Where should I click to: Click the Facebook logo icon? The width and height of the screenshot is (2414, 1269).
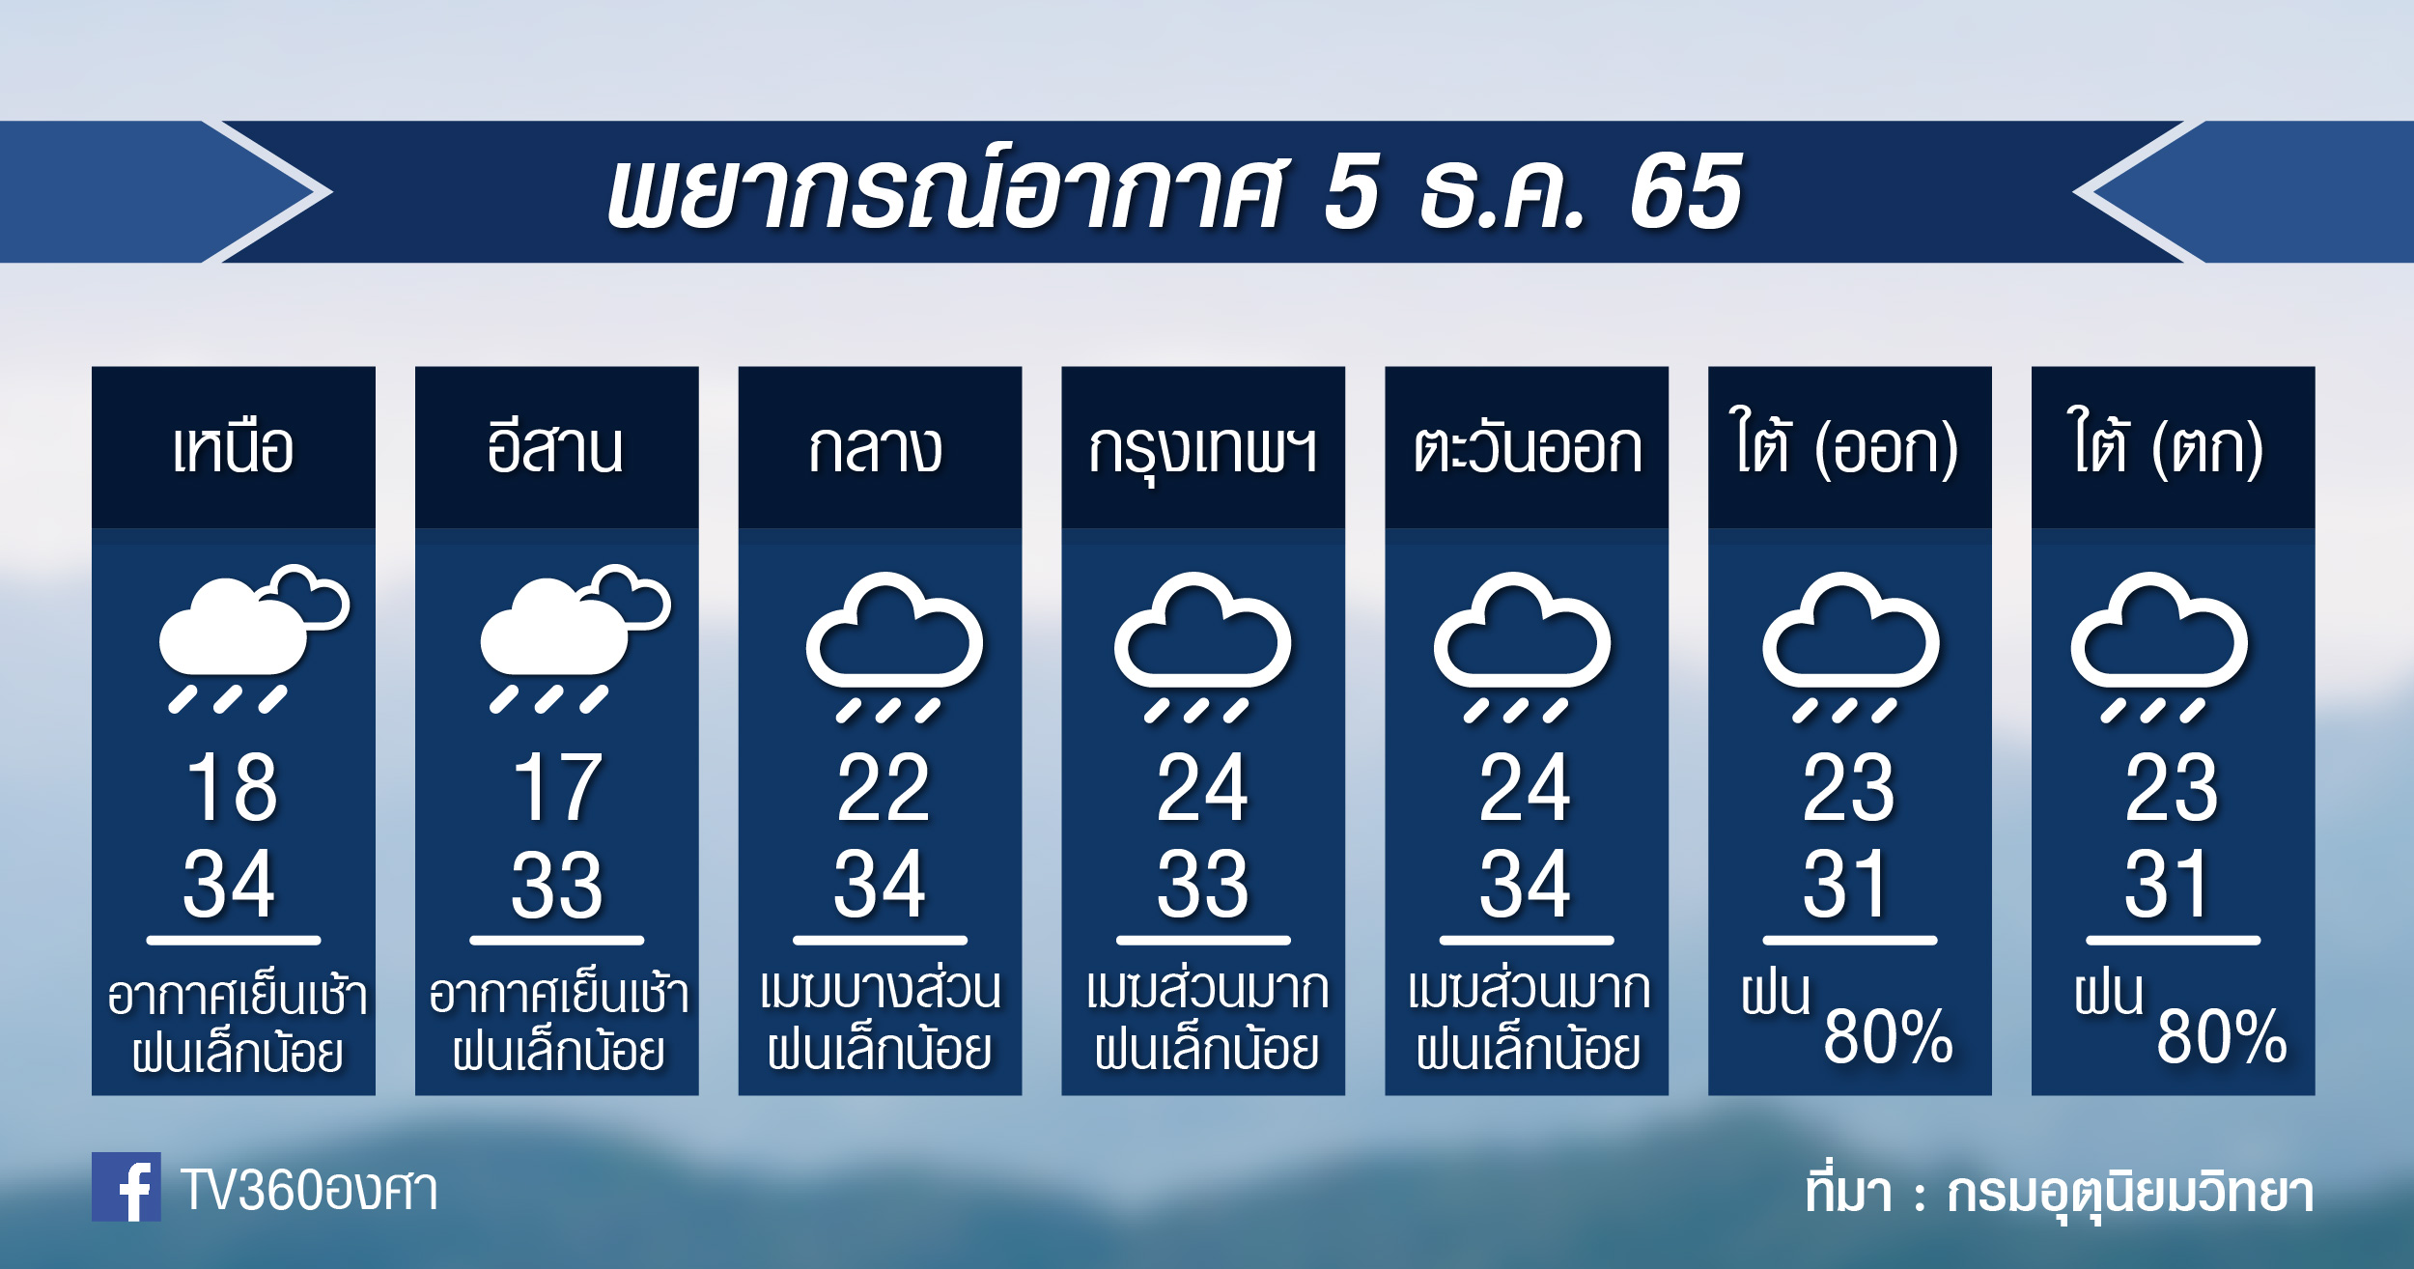[x=126, y=1187]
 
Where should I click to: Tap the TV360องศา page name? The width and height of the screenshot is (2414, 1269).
[x=309, y=1190]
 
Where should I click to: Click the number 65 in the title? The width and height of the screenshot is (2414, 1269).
[x=1686, y=192]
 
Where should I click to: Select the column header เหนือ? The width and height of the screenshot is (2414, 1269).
[x=233, y=449]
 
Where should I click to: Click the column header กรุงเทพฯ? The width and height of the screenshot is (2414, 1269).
[x=1202, y=452]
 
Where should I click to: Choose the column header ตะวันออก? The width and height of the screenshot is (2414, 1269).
[x=1527, y=449]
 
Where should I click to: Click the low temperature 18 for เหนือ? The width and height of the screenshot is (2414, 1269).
[x=233, y=787]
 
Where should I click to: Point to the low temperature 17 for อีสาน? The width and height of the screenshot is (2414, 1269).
[x=557, y=787]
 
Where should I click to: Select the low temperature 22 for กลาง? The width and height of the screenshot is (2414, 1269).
[x=883, y=787]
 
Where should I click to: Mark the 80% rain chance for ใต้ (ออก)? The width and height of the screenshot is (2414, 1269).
[x=1888, y=1037]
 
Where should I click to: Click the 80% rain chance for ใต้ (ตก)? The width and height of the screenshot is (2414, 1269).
[x=2221, y=1037]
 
